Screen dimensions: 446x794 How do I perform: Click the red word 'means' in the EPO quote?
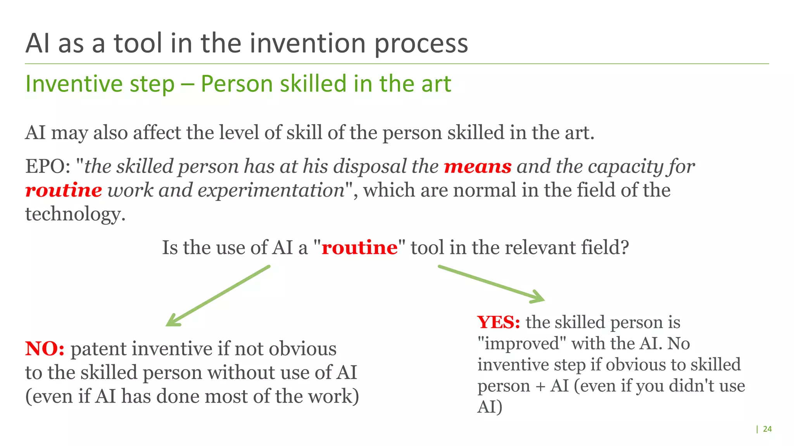click(x=478, y=167)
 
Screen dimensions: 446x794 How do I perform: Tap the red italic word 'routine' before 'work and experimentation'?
click(x=64, y=190)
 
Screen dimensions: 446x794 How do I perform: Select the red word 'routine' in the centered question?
click(x=359, y=248)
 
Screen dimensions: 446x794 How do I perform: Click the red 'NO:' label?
click(x=45, y=349)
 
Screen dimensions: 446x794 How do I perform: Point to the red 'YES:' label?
click(x=499, y=322)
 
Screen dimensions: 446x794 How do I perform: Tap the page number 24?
click(x=767, y=429)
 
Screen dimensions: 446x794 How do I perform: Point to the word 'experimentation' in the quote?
click(x=271, y=190)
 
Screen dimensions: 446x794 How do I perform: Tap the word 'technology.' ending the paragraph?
click(x=76, y=214)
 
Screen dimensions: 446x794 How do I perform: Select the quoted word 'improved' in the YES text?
click(x=522, y=344)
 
